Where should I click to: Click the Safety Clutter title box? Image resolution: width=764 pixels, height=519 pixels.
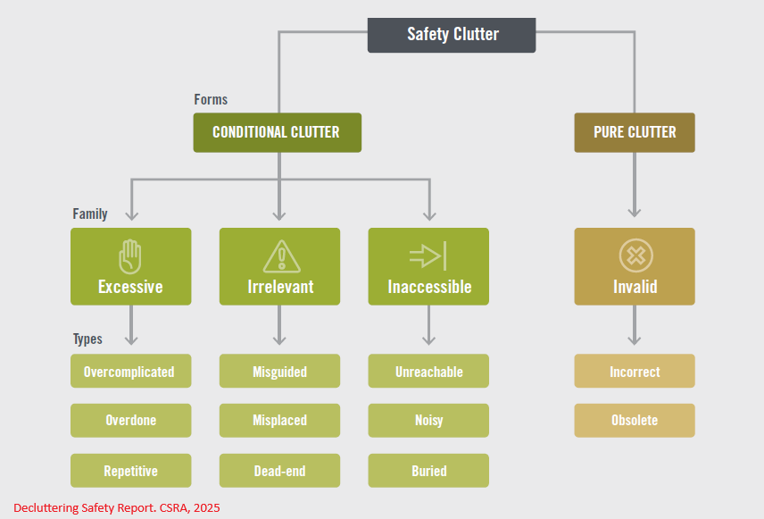pos(452,35)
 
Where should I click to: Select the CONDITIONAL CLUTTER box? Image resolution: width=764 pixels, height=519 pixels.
pos(277,132)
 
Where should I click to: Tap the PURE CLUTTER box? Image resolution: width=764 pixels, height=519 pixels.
pos(634,132)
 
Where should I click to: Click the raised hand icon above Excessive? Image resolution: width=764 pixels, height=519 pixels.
pos(130,257)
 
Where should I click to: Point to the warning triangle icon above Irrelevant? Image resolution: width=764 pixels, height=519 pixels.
pos(280,256)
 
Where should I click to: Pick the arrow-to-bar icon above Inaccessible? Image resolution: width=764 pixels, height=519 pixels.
pos(428,257)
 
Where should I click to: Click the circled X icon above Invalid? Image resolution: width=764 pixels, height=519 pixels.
pos(635,256)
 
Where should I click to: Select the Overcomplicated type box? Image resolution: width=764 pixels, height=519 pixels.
pos(130,372)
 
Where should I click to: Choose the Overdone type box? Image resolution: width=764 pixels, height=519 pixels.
pos(130,421)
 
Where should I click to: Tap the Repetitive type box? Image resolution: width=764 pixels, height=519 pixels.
pos(130,471)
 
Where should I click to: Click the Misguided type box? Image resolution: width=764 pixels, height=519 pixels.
pos(279,372)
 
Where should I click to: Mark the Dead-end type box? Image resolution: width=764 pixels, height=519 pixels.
pos(279,471)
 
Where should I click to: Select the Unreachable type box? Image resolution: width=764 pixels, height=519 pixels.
pos(428,372)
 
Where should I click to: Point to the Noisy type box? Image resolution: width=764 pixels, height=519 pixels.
pos(428,421)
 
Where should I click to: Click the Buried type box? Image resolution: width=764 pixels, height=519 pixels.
pos(428,471)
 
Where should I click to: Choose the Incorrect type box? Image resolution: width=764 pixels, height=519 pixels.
pos(635,372)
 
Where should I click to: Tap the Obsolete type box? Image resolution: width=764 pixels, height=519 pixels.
pos(635,421)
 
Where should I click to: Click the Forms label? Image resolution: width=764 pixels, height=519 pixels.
pos(211,99)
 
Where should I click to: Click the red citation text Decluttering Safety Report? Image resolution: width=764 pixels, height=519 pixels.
pos(116,507)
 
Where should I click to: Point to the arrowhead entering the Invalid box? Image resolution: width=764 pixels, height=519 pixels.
pos(635,212)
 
